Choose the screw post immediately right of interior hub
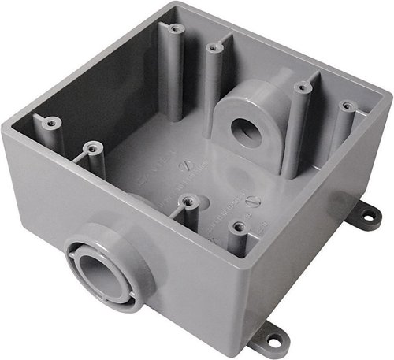300,87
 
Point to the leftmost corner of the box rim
6,118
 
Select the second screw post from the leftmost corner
94,147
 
